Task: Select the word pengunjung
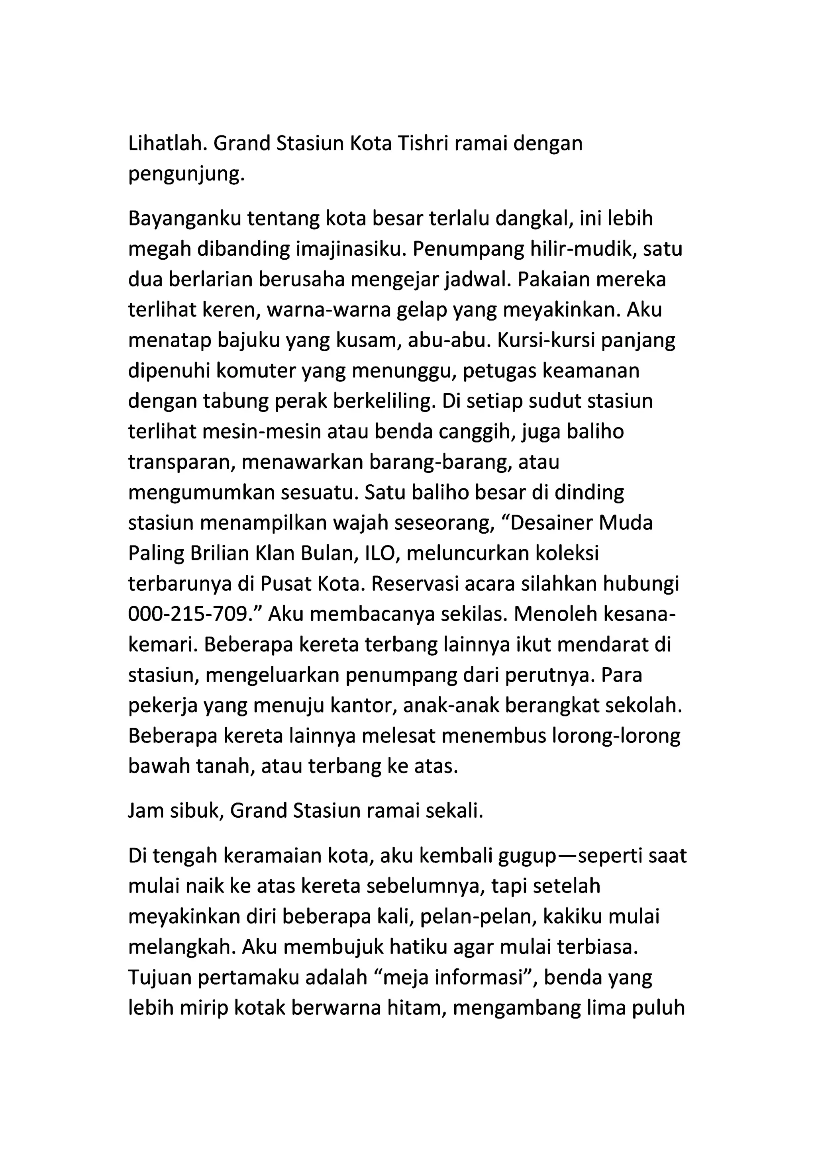point(186,175)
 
